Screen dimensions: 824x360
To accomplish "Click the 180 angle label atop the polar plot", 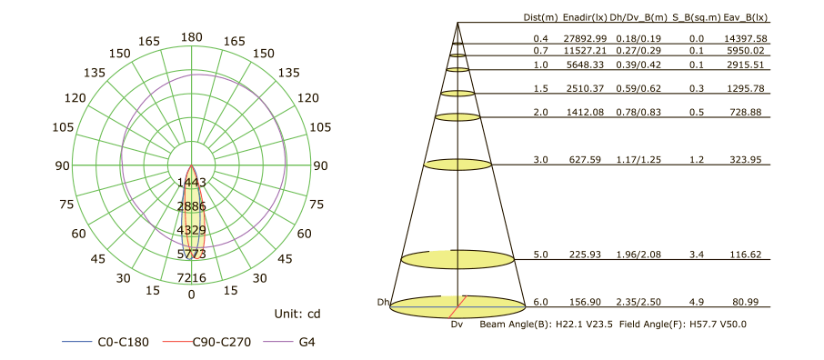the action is click(x=191, y=36).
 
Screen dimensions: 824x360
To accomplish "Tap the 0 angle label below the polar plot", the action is click(x=191, y=295).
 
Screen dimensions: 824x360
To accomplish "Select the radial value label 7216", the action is click(x=192, y=277).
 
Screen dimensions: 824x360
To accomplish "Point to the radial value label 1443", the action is click(x=192, y=182).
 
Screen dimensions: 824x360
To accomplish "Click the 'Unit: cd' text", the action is click(x=297, y=314).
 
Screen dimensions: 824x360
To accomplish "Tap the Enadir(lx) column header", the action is click(x=584, y=17).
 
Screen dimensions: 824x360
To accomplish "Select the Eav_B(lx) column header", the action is click(x=746, y=17).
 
